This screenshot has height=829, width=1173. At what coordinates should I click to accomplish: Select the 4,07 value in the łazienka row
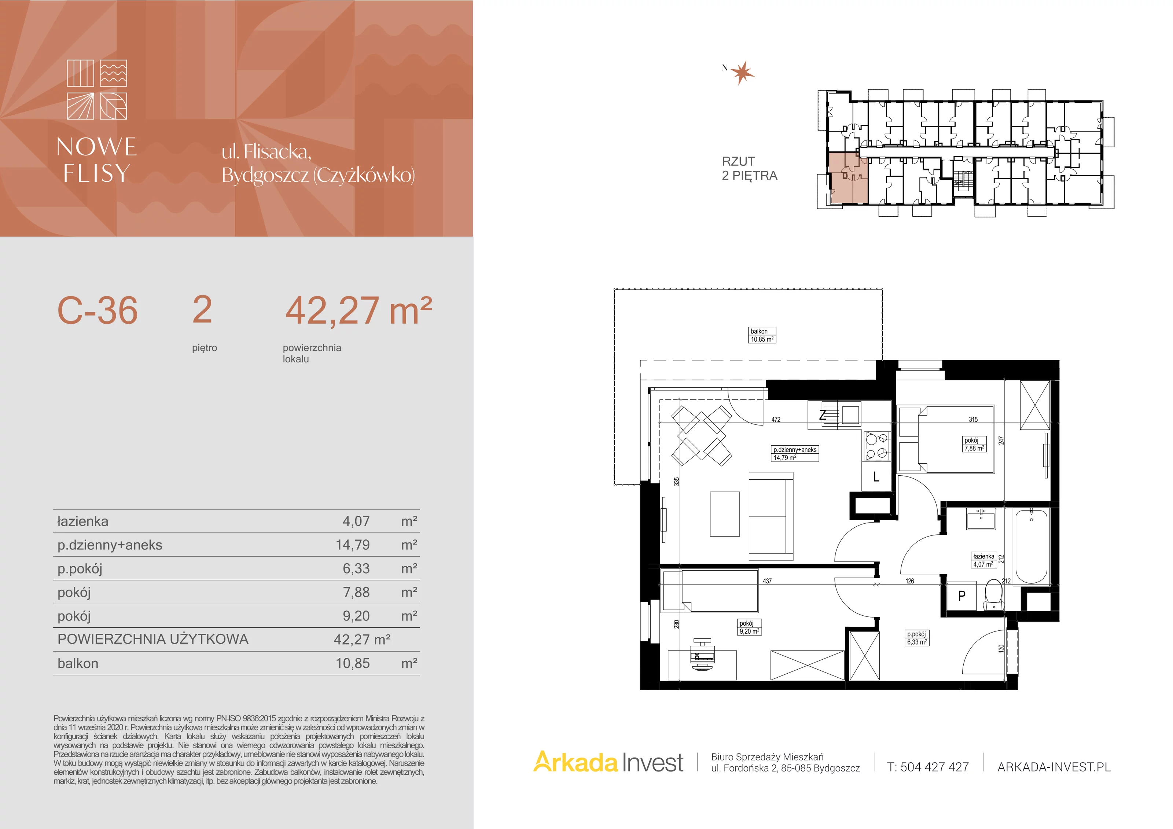click(x=356, y=522)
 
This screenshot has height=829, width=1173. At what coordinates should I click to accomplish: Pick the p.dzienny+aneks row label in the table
click(x=110, y=545)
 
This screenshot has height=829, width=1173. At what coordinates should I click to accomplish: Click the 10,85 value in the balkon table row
click(x=353, y=663)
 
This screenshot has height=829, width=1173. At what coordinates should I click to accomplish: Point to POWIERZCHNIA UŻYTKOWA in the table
click(x=153, y=639)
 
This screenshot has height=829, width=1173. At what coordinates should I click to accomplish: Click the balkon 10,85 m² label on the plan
click(x=762, y=335)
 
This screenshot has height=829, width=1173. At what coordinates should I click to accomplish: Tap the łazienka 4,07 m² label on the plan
click(x=983, y=560)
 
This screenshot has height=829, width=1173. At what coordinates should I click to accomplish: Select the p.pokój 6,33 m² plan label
click(x=917, y=638)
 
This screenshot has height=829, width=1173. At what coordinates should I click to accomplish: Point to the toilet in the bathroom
click(x=993, y=595)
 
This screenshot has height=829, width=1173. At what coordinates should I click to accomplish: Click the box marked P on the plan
click(x=961, y=596)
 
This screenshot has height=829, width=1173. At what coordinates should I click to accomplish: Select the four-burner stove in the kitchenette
click(x=877, y=446)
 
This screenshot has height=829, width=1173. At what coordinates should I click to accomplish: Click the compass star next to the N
click(x=742, y=73)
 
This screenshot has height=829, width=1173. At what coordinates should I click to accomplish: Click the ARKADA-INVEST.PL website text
click(x=1054, y=767)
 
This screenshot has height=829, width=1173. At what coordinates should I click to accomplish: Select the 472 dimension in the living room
click(x=776, y=419)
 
